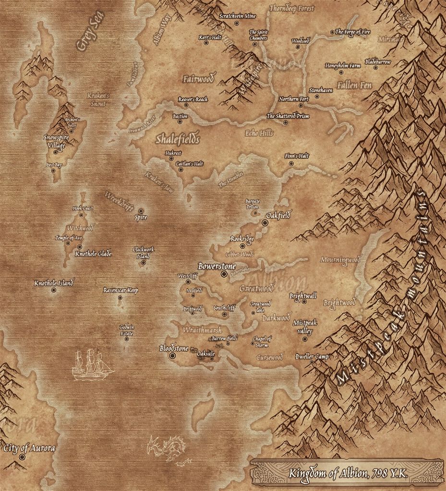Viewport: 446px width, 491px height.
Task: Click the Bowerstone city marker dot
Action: pyautogui.click(x=224, y=274)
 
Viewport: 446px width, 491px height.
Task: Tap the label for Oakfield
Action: pyautogui.click(x=278, y=216)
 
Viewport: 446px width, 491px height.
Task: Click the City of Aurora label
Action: pyautogui.click(x=29, y=448)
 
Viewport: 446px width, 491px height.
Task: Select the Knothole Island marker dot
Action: pyautogui.click(x=53, y=290)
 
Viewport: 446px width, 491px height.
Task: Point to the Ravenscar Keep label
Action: pyautogui.click(x=121, y=291)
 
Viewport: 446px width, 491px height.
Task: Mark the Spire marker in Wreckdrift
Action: pyautogui.click(x=141, y=211)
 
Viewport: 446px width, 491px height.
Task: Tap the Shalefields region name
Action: pyautogui.click(x=177, y=139)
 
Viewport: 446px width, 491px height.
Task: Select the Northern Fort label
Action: pyautogui.click(x=294, y=99)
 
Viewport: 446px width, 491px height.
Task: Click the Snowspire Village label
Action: pyautogui.click(x=56, y=140)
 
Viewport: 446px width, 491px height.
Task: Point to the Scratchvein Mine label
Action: pyautogui.click(x=237, y=16)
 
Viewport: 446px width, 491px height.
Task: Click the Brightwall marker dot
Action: pyautogui.click(x=304, y=302)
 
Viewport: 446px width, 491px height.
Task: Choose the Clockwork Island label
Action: pyautogui.click(x=143, y=253)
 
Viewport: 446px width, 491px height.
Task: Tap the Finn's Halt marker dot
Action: pyautogui.click(x=291, y=164)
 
